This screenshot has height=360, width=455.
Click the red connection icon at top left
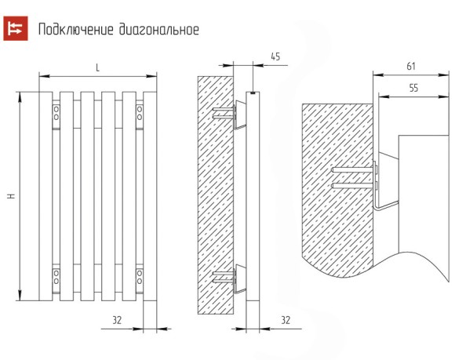pyautogui.click(x=16, y=28)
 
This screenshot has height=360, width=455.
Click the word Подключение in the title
pyautogui.click(x=76, y=30)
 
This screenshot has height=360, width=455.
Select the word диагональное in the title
pyautogui.click(x=159, y=30)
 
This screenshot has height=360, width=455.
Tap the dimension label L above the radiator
pyautogui.click(x=97, y=68)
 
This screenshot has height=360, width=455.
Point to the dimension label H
pyautogui.click(x=11, y=196)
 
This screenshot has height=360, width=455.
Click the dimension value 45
pyautogui.click(x=275, y=56)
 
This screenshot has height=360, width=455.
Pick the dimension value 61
pyautogui.click(x=411, y=67)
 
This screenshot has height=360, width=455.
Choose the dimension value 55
pyautogui.click(x=413, y=88)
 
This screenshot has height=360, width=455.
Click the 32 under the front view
pyautogui.click(x=117, y=320)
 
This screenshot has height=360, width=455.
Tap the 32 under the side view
pyautogui.click(x=286, y=320)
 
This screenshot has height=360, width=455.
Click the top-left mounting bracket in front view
pyautogui.click(x=56, y=115)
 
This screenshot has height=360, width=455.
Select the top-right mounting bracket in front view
pyautogui.click(x=140, y=115)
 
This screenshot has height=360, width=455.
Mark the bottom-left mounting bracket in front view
pyautogui.click(x=56, y=278)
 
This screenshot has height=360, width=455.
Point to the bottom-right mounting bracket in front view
pyautogui.click(x=140, y=278)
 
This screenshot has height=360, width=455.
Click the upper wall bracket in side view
pyautogui.click(x=239, y=115)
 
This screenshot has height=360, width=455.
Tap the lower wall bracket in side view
pyautogui.click(x=239, y=278)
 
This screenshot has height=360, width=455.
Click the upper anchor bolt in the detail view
pyautogui.click(x=352, y=170)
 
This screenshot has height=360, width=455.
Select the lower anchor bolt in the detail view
pyautogui.click(x=352, y=186)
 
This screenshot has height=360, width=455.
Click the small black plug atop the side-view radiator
pyautogui.click(x=253, y=93)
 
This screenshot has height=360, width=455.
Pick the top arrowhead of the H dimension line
pyautogui.click(x=20, y=97)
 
